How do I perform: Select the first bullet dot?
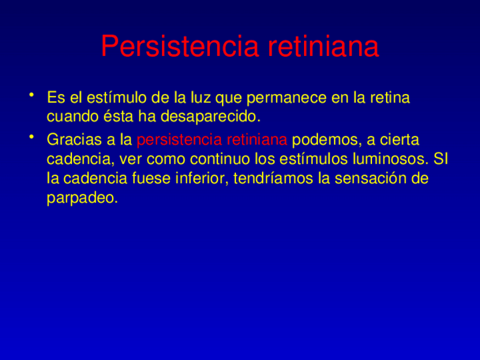click(35, 93)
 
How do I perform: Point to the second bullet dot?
click(35, 135)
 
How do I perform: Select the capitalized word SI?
click(440, 159)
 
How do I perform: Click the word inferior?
click(202, 179)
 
